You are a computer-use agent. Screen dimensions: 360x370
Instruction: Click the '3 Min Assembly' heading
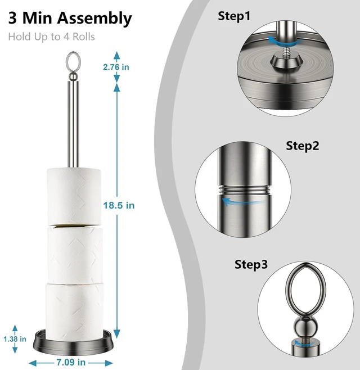click(70, 19)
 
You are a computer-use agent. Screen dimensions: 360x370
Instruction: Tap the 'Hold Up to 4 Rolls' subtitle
click(51, 37)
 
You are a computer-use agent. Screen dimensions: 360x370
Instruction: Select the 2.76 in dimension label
click(116, 67)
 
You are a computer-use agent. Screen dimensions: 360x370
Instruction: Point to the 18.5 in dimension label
click(119, 206)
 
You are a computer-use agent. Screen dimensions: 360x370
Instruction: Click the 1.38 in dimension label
click(15, 339)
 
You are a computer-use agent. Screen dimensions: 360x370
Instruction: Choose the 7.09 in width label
click(71, 362)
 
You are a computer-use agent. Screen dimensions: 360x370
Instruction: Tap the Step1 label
click(234, 16)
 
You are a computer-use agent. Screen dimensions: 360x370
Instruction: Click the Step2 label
click(303, 146)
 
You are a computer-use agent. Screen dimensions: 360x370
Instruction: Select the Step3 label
click(251, 264)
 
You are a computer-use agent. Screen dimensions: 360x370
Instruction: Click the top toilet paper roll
click(74, 197)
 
